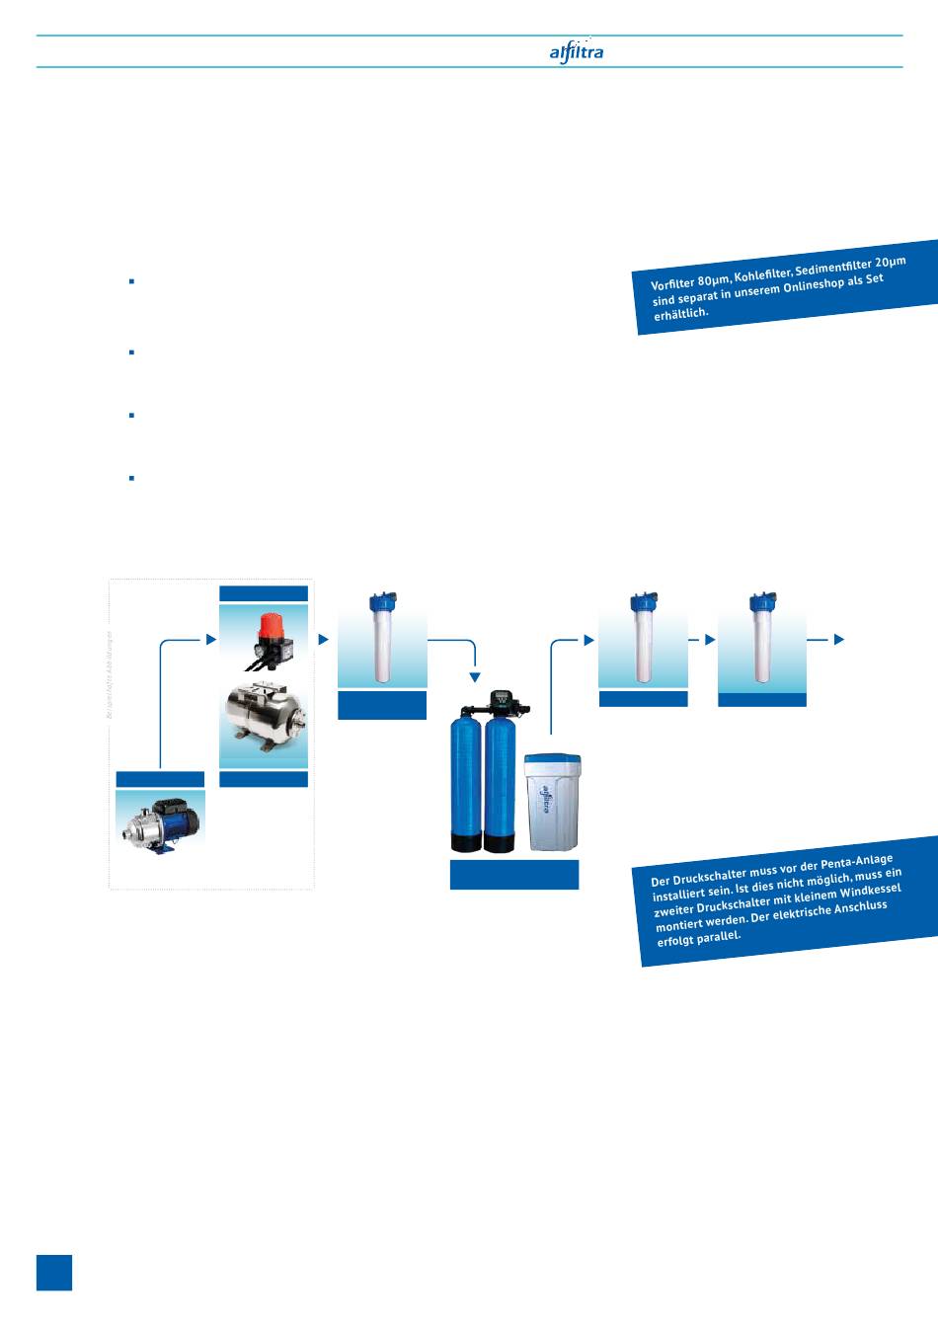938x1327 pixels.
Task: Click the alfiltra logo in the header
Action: pos(576,51)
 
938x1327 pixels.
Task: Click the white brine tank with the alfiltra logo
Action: pos(553,801)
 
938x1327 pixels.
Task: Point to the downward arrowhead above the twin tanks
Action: pos(475,677)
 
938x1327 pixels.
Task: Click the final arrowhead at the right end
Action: pos(839,640)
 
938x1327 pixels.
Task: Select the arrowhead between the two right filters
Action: pos(710,640)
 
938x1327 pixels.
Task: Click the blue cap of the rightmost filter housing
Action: pos(761,601)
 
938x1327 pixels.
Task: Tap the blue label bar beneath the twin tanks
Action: pos(513,875)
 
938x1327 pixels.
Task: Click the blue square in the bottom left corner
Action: pos(54,1273)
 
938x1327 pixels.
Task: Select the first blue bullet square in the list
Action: pos(131,281)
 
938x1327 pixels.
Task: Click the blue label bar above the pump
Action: pos(160,779)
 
